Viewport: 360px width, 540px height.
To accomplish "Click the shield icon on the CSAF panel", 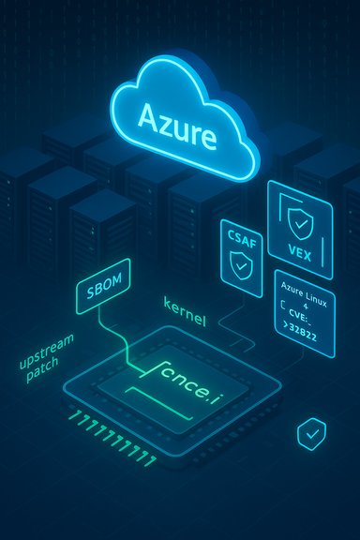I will tap(240, 266).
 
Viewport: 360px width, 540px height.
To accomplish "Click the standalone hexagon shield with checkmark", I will tap(309, 433).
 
